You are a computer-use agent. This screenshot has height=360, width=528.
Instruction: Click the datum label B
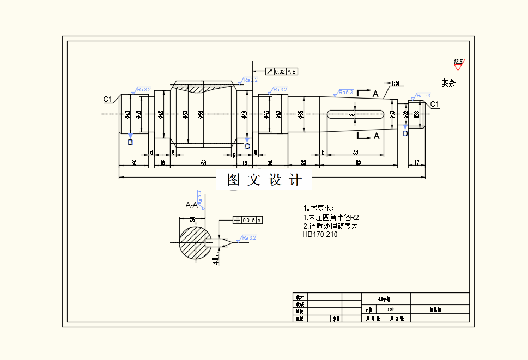pyautogui.click(x=130, y=143)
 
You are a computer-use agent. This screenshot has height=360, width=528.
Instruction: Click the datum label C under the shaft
pyautogui.click(x=247, y=146)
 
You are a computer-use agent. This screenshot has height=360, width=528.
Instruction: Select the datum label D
pyautogui.click(x=405, y=133)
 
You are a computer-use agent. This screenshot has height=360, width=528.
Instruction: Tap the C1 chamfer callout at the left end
pyautogui.click(x=108, y=99)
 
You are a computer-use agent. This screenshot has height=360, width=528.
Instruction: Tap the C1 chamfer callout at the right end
pyautogui.click(x=434, y=104)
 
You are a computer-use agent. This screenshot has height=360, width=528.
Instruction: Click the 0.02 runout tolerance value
pyautogui.click(x=280, y=71)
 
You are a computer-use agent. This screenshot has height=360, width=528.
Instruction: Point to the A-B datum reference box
pyautogui.click(x=292, y=71)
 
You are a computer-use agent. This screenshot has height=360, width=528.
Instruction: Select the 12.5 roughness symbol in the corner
pyautogui.click(x=458, y=63)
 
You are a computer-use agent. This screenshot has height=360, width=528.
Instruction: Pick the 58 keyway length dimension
pyautogui.click(x=355, y=152)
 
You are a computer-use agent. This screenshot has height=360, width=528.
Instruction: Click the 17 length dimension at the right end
pyautogui.click(x=417, y=162)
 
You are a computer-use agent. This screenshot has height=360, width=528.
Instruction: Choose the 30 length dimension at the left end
pyautogui.click(x=133, y=163)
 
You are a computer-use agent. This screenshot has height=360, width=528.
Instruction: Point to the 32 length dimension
pyautogui.click(x=303, y=163)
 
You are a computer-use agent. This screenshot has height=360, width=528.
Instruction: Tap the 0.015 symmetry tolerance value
pyautogui.click(x=248, y=220)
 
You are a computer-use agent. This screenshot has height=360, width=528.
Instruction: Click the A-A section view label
pyautogui.click(x=191, y=205)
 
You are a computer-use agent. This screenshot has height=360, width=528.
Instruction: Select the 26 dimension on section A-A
pyautogui.click(x=192, y=219)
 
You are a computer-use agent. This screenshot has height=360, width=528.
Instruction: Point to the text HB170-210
pyautogui.click(x=320, y=235)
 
